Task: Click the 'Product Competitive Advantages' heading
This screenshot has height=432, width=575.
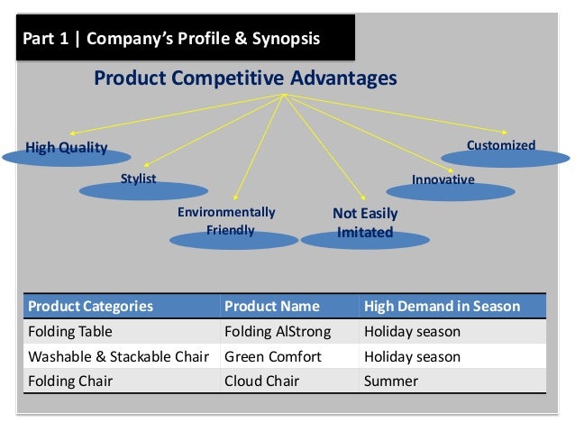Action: [246, 79]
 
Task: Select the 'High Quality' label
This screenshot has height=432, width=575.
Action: [66, 148]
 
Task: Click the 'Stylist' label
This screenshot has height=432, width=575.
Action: [139, 179]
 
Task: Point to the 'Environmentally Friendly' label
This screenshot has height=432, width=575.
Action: [225, 221]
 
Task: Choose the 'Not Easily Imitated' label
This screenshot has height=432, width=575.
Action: [364, 223]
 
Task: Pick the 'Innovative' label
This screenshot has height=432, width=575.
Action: [443, 179]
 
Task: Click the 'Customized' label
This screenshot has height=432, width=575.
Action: [500, 145]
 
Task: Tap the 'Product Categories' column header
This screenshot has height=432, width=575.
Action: [91, 306]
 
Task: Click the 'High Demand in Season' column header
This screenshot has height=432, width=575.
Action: [442, 306]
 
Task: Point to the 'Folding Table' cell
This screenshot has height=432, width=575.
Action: [71, 331]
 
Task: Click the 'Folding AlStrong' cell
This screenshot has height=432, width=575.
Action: [277, 331]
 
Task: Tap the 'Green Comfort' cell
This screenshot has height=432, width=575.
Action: [272, 356]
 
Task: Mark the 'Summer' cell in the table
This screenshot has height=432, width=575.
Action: [391, 381]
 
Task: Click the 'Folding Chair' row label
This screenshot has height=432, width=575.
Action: [71, 381]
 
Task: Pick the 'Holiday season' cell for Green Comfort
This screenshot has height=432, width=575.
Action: [412, 356]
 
